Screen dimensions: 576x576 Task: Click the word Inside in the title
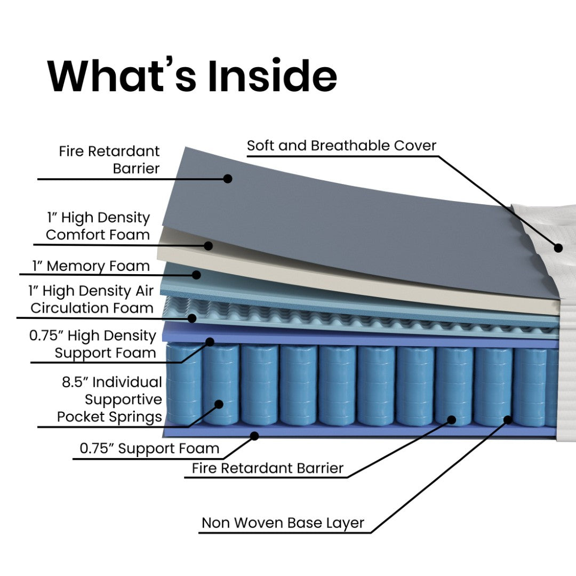coord(272,76)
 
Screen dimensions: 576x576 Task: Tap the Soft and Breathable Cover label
coord(341,145)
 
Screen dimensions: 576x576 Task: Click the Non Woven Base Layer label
coord(283,523)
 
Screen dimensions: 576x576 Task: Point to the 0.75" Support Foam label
coord(149,449)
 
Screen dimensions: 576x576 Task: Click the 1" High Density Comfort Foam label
coord(98,226)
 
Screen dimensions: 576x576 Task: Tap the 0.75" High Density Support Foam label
coord(93,344)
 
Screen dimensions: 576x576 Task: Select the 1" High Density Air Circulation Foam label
coord(92,299)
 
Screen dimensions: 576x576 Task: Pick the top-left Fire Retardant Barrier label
coord(110,159)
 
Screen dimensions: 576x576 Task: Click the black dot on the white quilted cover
coord(558,247)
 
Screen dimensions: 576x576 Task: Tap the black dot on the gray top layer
coord(228,178)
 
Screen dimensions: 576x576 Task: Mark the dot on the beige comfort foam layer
coord(209,246)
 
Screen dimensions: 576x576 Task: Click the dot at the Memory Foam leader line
coord(196,275)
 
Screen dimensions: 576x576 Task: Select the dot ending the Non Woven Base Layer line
coord(508,420)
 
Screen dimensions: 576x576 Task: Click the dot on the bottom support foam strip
coord(254,436)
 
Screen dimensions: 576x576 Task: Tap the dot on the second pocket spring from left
coord(219,404)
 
